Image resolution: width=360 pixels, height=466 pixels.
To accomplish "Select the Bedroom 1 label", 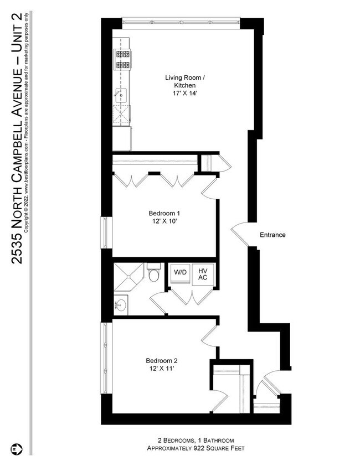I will tap(164, 213).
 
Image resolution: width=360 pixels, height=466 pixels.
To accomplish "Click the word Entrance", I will tap(272, 235).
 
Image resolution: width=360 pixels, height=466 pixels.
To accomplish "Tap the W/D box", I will tap(180, 272).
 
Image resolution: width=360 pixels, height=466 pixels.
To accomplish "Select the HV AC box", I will tap(203, 274).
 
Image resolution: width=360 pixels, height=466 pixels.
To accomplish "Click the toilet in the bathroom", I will tap(154, 273).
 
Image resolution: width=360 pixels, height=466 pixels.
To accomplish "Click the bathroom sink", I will tap(121, 304).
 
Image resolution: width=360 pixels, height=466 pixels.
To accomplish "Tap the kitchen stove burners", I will tap(122, 60).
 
